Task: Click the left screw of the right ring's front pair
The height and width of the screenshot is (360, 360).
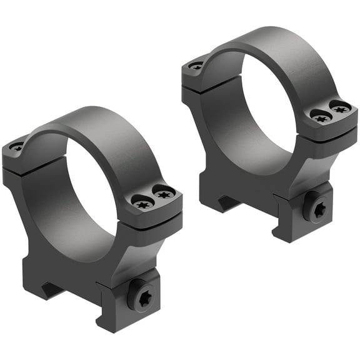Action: (321, 117)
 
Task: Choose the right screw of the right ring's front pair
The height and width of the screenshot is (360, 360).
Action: (341, 109)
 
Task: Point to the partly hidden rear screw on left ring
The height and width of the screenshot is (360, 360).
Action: (17, 147)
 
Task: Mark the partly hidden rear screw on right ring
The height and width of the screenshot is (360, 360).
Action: (196, 65)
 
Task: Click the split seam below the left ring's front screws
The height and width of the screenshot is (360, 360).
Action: (156, 217)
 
